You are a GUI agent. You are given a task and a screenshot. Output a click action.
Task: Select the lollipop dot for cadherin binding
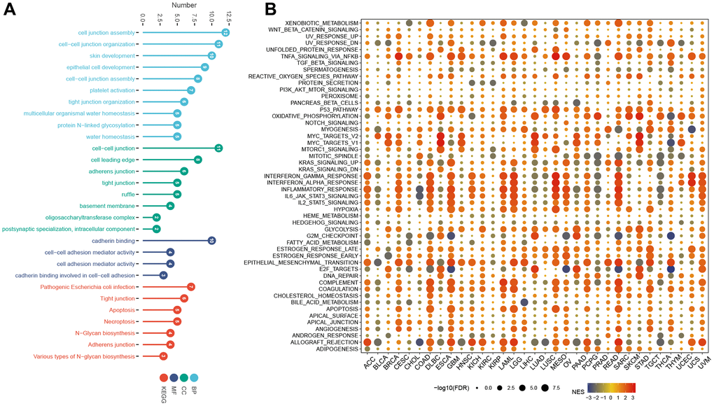[211, 240]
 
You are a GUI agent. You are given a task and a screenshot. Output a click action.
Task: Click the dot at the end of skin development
[211, 55]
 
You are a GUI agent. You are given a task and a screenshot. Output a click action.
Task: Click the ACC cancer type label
[367, 363]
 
